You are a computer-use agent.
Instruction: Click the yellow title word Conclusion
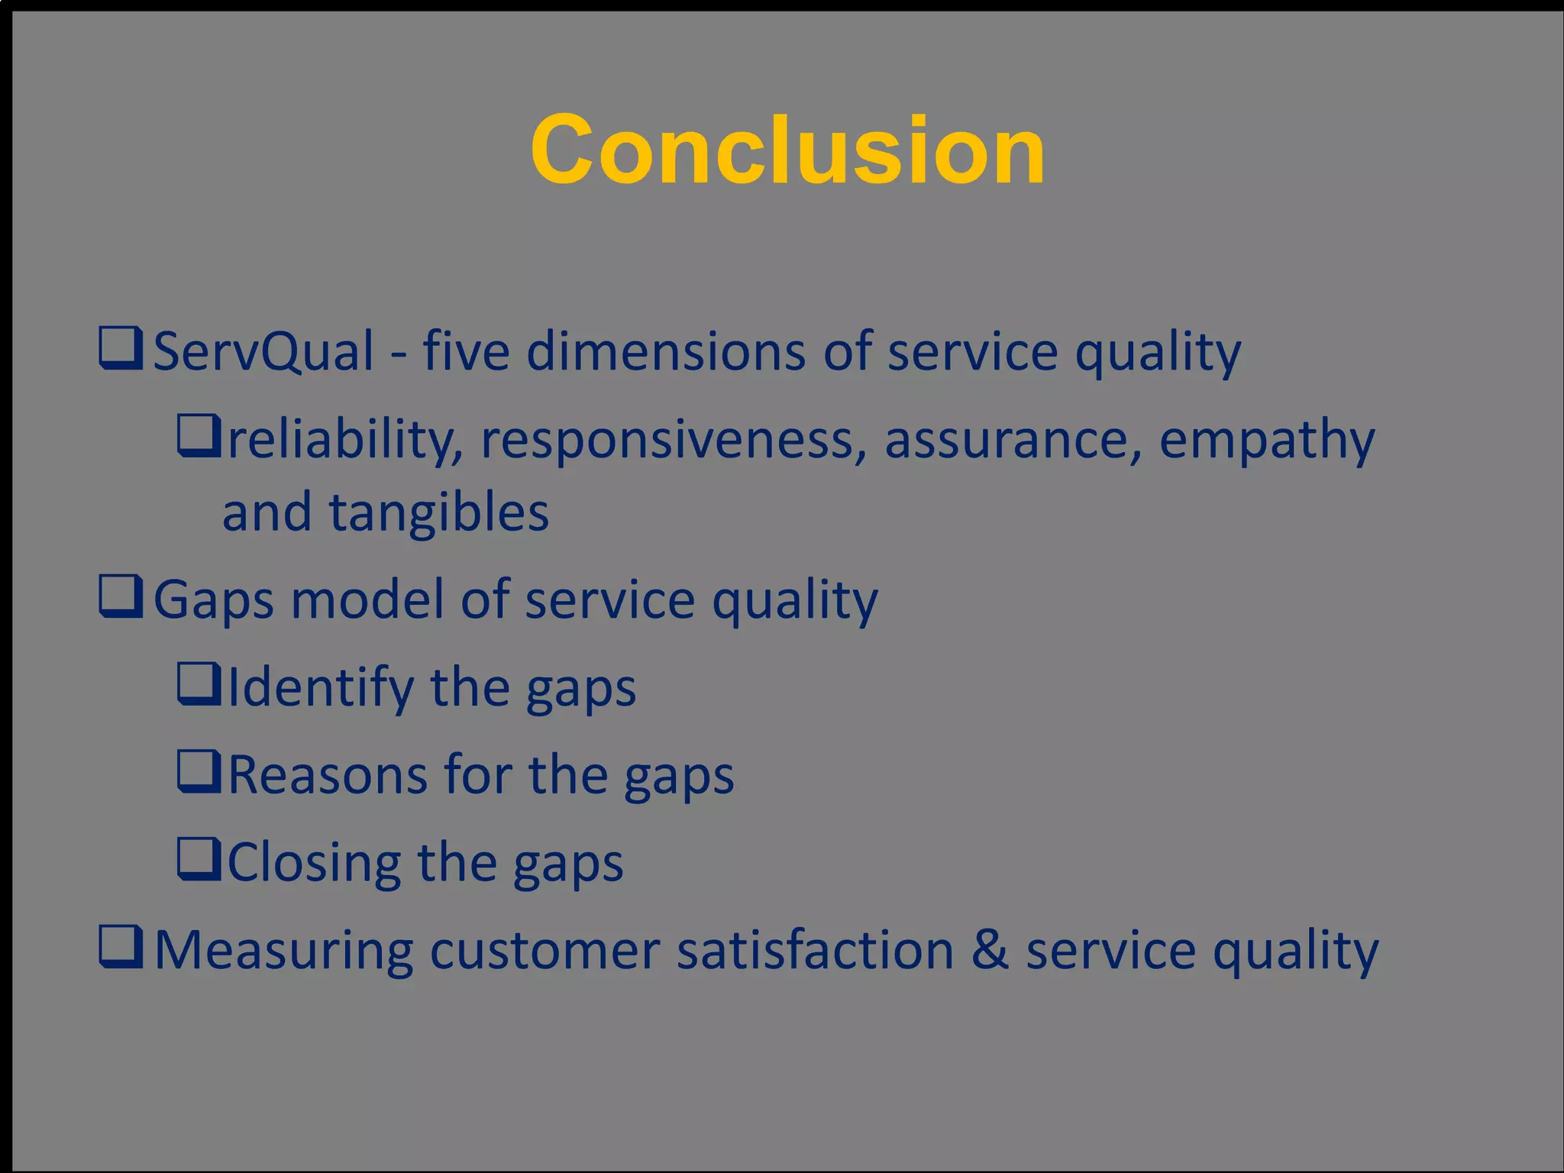(x=787, y=150)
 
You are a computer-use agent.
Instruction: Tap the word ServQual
(x=263, y=351)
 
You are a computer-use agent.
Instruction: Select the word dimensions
(x=666, y=351)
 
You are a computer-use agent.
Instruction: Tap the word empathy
(x=1267, y=441)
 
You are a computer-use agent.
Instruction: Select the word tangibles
(x=438, y=512)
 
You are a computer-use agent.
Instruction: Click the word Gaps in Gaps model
(x=213, y=600)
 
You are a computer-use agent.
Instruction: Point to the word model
(x=367, y=600)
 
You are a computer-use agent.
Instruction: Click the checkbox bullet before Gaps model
(x=121, y=597)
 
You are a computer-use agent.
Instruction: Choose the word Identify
(x=320, y=688)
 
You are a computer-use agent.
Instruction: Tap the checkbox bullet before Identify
(x=199, y=684)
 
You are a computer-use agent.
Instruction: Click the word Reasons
(x=327, y=775)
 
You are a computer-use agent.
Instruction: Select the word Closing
(x=314, y=863)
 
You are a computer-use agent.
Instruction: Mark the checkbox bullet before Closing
(x=199, y=859)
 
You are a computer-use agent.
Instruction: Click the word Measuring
(x=283, y=952)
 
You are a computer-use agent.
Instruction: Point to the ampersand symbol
(x=989, y=949)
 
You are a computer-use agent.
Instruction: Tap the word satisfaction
(x=815, y=951)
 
